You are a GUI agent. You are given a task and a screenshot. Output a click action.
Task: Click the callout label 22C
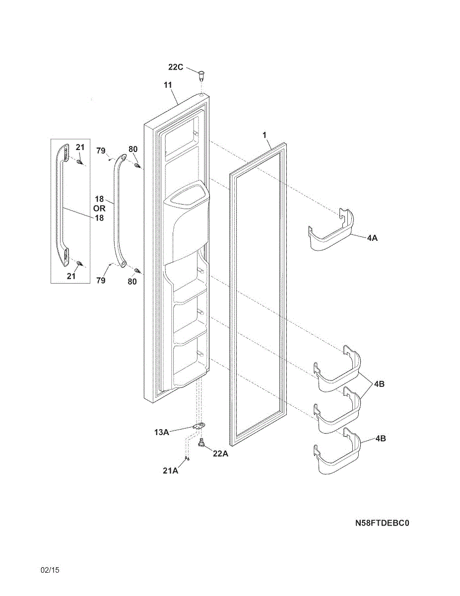point(176,67)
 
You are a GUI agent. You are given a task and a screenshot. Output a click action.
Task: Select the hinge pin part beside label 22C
point(201,75)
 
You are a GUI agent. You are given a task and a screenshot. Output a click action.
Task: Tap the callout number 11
point(168,85)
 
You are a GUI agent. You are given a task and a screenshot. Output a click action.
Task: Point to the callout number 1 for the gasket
point(264,135)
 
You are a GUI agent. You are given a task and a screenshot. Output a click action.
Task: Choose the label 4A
point(372,238)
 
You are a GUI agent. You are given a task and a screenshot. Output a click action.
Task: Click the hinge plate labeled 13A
point(199,426)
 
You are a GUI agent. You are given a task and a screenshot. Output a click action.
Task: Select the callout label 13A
point(161,433)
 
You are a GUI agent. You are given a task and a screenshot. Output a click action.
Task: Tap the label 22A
point(220,453)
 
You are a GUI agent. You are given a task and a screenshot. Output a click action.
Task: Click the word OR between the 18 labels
point(99,209)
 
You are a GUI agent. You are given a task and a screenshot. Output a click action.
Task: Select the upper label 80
point(132,149)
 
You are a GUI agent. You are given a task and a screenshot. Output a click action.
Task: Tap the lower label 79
point(101,281)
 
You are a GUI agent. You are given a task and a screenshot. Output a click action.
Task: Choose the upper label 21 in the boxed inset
point(80,147)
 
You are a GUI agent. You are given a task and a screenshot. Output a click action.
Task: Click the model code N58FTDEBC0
point(382,523)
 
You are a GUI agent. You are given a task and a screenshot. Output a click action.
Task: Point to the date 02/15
point(50,570)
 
